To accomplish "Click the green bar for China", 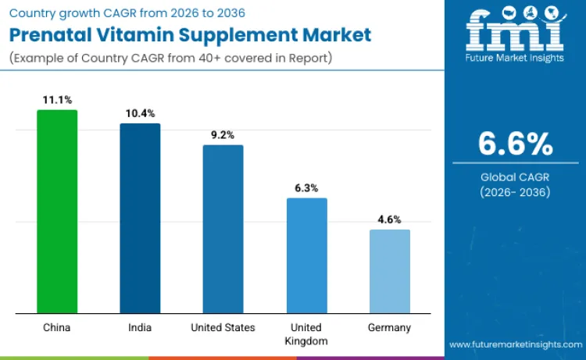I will tap(57, 212).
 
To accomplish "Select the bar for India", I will tap(140, 219).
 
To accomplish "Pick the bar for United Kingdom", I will tap(306, 255).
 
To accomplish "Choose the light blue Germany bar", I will tap(389, 271).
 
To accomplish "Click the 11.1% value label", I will tap(57, 100).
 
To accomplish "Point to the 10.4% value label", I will tap(140, 114).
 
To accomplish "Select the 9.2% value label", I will tap(223, 135).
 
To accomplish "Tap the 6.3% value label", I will tap(306, 188).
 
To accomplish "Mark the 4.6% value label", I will tap(389, 219).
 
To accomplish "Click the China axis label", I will tap(57, 328).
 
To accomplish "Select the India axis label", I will tap(140, 328).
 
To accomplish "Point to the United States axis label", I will tap(223, 328).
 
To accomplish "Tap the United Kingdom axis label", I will tap(306, 334).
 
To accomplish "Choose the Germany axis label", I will tap(389, 328).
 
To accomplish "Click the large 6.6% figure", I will tap(515, 144).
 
